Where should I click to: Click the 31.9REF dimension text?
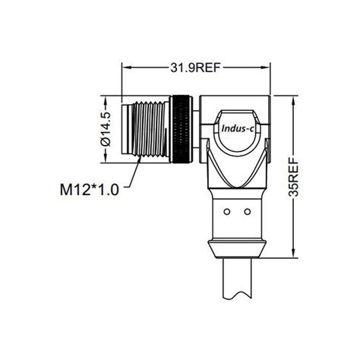[194, 68]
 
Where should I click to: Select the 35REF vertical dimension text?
[294, 176]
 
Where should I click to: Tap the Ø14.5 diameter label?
[105, 129]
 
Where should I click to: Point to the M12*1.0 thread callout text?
[90, 189]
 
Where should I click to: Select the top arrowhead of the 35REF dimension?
[294, 98]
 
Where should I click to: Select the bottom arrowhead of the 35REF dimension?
[294, 254]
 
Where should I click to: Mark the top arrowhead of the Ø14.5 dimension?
[105, 98]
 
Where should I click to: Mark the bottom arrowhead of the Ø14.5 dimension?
[105, 159]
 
